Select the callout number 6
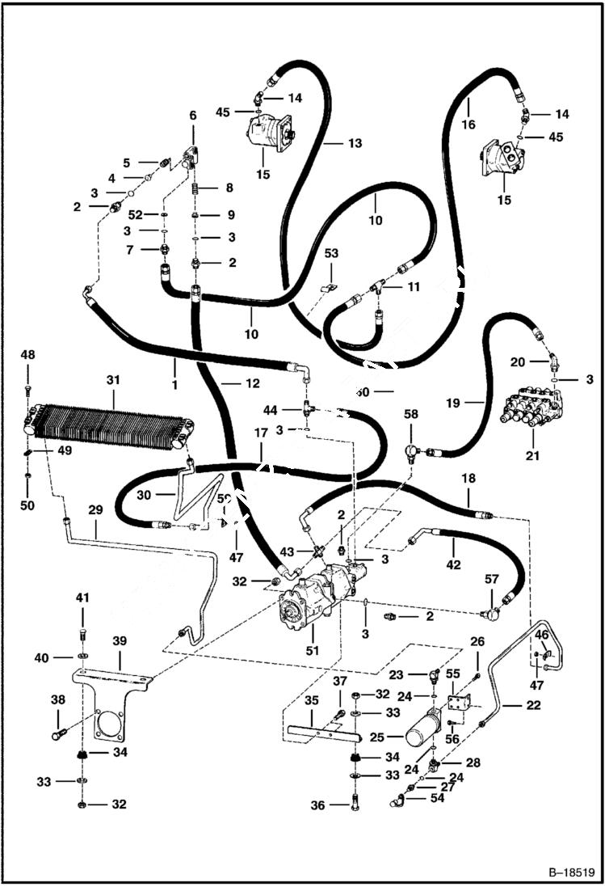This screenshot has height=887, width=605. pyautogui.click(x=192, y=116)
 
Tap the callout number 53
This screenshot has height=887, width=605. pyautogui.click(x=332, y=253)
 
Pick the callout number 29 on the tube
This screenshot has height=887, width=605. pyautogui.click(x=95, y=510)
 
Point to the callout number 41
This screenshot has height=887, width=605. pyautogui.click(x=82, y=598)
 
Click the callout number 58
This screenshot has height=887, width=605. pyautogui.click(x=412, y=414)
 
